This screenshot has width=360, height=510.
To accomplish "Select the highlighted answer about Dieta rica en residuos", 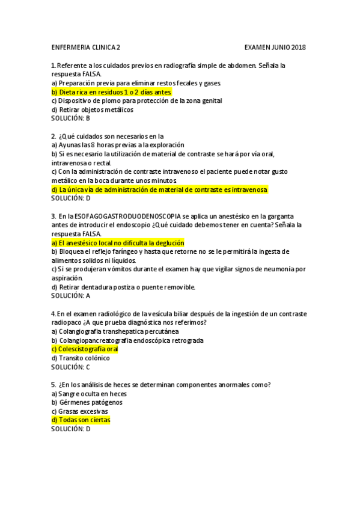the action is (x=112, y=92).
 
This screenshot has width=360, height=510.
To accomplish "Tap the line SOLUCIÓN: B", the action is (x=70, y=118).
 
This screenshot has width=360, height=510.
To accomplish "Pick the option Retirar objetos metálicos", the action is (x=92, y=109).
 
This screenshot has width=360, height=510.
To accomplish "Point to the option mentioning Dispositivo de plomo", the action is (x=136, y=101).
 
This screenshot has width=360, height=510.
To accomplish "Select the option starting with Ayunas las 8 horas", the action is (x=118, y=145).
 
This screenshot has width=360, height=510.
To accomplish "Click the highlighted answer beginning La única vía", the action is (x=159, y=189).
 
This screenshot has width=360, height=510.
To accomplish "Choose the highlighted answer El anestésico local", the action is (x=117, y=242).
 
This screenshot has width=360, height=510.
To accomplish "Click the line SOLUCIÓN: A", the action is (x=70, y=296).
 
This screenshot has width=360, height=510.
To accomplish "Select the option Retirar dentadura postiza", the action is (x=123, y=287).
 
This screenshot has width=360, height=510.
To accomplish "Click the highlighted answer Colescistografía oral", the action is (x=85, y=349).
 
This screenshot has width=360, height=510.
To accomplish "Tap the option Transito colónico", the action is (x=81, y=358).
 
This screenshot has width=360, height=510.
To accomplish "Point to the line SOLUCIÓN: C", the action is (x=70, y=367).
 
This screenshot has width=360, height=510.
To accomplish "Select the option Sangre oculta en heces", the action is (x=88, y=393).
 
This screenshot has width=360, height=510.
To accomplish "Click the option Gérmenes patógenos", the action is (x=87, y=402).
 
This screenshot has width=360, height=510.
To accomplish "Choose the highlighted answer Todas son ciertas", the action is (x=81, y=420).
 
